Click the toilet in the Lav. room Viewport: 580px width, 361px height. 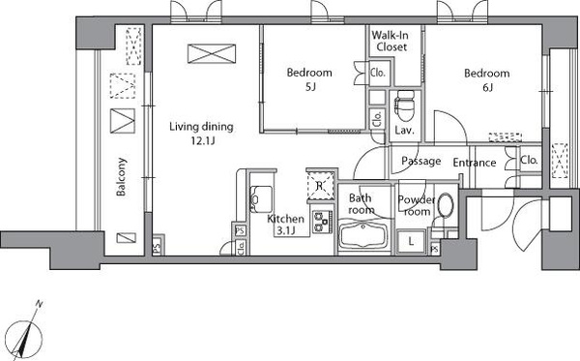(404, 107)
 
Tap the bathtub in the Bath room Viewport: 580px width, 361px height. (363, 235)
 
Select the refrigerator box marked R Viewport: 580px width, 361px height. (320, 186)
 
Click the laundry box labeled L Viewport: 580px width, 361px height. (411, 242)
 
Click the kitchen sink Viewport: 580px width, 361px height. (261, 199)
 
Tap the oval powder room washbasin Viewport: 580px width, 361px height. (446, 206)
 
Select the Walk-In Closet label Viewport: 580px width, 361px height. (391, 41)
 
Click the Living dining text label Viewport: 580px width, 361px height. (201, 127)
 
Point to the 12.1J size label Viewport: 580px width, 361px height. (203, 141)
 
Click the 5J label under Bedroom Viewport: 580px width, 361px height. (310, 87)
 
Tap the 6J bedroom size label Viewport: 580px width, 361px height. (487, 87)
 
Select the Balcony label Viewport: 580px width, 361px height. (122, 177)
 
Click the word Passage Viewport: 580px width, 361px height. (420, 161)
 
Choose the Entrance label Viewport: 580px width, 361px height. (475, 163)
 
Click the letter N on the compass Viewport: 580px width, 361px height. (39, 304)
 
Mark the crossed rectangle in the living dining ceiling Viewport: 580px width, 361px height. (212, 53)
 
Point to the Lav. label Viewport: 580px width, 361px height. (404, 130)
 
